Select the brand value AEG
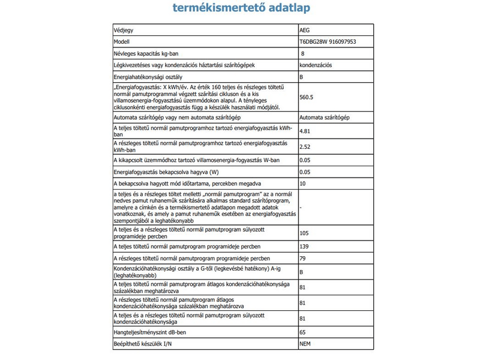pyautogui.click(x=305, y=30)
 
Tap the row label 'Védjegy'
pyautogui.click(x=125, y=30)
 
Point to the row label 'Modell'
pyautogui.click(x=123, y=42)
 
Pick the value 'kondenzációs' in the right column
pyautogui.click(x=317, y=65)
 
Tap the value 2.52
pyautogui.click(x=305, y=147)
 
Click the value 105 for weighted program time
pyautogui.click(x=304, y=232)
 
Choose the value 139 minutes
pyautogui.click(x=304, y=247)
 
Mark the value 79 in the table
pyautogui.click(x=302, y=259)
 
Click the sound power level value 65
pyautogui.click(x=302, y=331)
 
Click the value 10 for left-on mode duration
pyautogui.click(x=302, y=183)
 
